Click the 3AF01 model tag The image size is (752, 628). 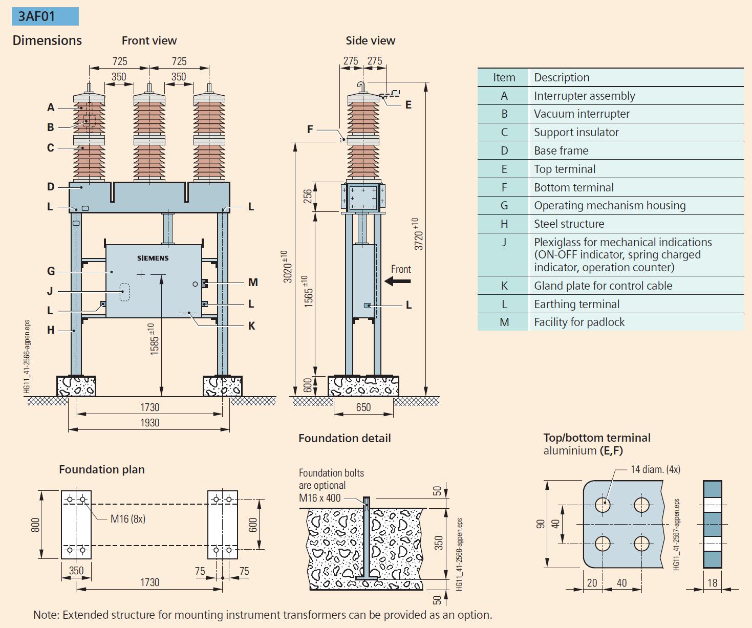click(37, 16)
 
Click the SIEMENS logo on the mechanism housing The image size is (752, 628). click(153, 258)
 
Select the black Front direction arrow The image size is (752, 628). click(398, 280)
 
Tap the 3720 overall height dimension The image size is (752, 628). click(419, 234)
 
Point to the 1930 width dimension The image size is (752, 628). click(150, 423)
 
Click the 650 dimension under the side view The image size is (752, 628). click(363, 407)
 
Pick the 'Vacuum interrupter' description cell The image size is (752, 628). click(582, 114)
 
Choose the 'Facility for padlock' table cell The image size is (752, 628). click(579, 322)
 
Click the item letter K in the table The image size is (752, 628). click(504, 286)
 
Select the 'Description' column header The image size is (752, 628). click(562, 78)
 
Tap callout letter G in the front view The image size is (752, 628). click(51, 271)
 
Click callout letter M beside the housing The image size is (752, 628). click(253, 283)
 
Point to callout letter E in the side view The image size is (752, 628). click(408, 105)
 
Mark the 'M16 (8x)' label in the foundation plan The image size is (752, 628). click(128, 519)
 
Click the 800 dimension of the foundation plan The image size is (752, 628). click(35, 525)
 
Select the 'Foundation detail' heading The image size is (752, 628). click(345, 439)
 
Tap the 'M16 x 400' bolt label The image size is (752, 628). click(320, 498)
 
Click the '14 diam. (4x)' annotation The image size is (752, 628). click(655, 469)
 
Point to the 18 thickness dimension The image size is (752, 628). click(712, 583)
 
